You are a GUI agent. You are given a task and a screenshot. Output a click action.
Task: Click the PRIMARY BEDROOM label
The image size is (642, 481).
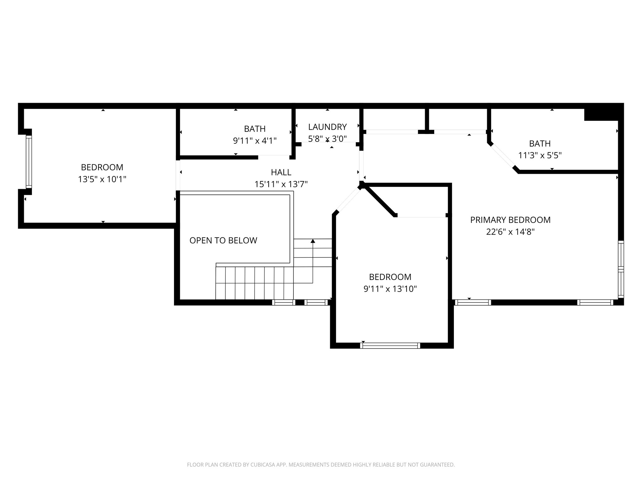tap(510, 220)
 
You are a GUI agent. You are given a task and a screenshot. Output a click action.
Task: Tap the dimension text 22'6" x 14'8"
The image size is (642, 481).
tap(510, 232)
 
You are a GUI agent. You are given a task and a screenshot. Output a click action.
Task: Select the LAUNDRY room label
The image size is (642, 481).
tap(327, 127)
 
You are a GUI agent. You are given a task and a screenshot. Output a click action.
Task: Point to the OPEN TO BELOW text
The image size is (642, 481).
tap(223, 240)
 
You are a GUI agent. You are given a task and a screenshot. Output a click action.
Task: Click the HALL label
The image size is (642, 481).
tap(281, 172)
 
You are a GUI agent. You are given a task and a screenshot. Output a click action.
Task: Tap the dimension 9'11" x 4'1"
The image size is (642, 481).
tap(255, 141)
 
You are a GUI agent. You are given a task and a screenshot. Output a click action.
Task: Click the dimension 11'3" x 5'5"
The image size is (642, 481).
tap(539, 155)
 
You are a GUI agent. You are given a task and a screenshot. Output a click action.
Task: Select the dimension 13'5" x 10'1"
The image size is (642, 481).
tap(102, 179)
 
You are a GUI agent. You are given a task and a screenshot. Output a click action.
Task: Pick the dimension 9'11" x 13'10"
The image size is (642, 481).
tap(390, 289)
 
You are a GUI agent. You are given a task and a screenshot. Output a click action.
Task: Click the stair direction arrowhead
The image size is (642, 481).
tap(313, 241)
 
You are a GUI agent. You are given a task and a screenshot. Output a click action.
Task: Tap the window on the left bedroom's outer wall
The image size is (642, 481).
tap(29, 162)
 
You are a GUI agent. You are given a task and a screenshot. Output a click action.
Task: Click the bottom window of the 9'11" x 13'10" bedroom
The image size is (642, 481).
tap(390, 345)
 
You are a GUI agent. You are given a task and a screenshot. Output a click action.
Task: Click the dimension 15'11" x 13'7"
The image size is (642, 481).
tap(281, 184)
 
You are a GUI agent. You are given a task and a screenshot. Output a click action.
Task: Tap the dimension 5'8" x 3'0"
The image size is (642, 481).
tap(327, 139)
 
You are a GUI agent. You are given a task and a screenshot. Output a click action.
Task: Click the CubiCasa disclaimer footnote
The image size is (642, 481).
tap(321, 465)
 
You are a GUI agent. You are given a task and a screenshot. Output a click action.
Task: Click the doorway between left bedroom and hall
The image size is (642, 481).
tap(178, 175)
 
